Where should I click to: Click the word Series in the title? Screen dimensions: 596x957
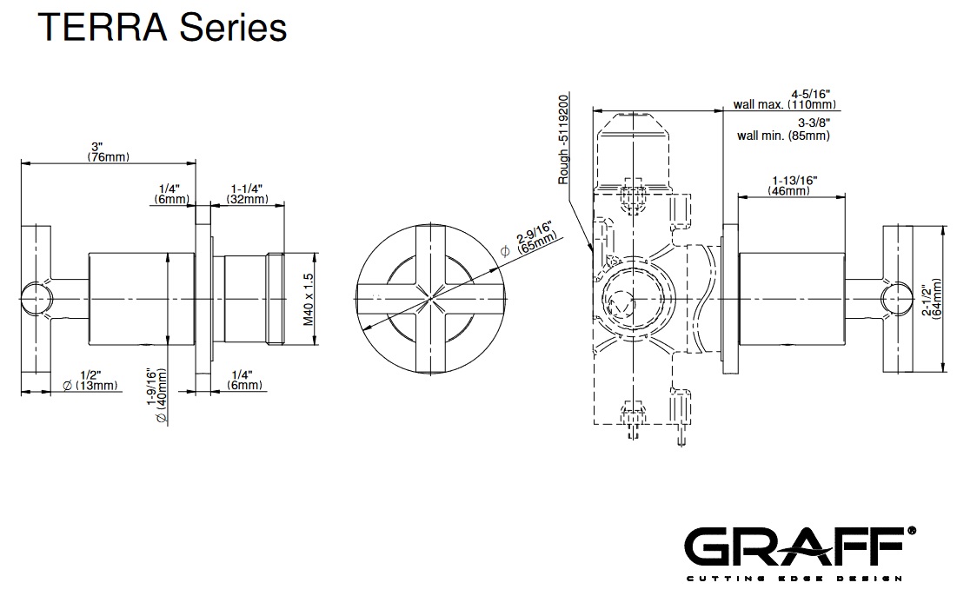click(232, 28)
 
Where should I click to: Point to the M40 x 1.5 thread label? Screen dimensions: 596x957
click(308, 297)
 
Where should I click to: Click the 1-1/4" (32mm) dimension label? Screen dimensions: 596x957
click(247, 194)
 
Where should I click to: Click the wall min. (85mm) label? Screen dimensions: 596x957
click(783, 135)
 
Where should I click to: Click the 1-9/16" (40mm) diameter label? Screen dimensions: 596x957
click(157, 396)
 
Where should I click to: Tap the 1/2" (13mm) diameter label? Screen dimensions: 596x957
click(90, 380)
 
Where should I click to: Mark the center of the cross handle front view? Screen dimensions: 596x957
click(429, 297)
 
